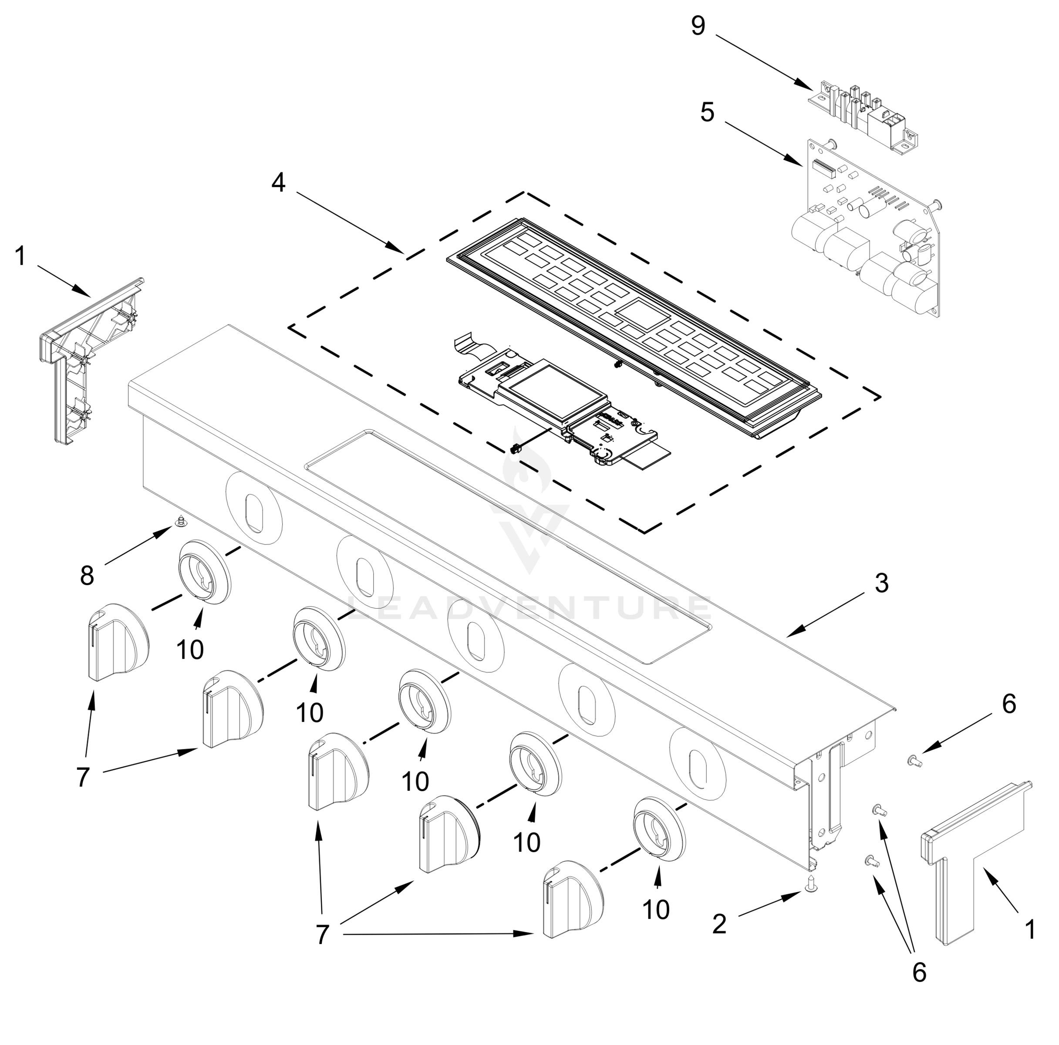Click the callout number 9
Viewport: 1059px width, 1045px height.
click(x=697, y=26)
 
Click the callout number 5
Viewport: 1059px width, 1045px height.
click(x=707, y=112)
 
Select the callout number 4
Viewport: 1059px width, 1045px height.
click(x=278, y=182)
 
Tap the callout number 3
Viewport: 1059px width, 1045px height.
click(x=881, y=583)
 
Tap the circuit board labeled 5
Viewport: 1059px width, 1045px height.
click(x=871, y=230)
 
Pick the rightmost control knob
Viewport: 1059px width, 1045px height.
click(x=573, y=899)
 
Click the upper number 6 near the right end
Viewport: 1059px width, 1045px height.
click(x=1008, y=704)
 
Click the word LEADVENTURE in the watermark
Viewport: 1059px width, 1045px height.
click(x=529, y=609)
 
